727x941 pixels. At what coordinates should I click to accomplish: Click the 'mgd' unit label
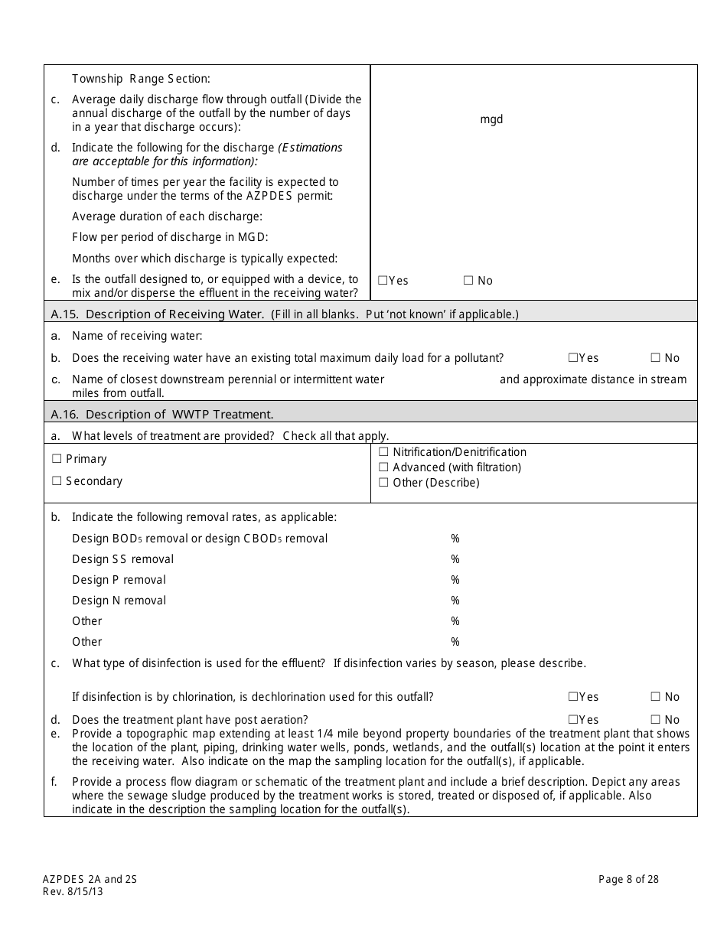[491, 119]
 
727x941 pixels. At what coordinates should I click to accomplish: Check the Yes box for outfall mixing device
[383, 281]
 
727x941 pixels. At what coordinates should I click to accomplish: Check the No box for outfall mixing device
[468, 281]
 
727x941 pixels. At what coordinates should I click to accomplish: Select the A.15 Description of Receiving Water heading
[284, 314]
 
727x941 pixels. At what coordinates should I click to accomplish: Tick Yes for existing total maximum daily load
[573, 357]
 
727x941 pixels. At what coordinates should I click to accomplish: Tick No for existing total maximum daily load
[655, 357]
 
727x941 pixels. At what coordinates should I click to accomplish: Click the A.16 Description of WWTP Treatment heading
[161, 414]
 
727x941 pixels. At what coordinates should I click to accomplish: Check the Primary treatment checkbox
[57, 459]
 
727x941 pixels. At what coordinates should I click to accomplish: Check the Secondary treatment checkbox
[57, 481]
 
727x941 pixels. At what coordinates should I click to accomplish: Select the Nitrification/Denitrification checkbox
[383, 452]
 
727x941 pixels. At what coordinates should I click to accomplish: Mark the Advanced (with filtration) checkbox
[383, 467]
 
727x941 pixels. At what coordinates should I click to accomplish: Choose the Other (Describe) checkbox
[383, 483]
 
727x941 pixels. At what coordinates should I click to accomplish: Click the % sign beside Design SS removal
[455, 559]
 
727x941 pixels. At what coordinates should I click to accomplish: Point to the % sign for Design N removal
[455, 601]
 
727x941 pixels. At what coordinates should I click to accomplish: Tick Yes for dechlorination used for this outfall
[573, 697]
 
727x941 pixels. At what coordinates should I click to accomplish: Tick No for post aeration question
[655, 720]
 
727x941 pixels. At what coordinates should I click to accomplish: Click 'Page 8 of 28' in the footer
[628, 880]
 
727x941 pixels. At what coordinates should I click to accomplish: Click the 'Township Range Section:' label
[141, 78]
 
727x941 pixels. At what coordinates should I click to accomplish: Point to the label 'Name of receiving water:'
[137, 336]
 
